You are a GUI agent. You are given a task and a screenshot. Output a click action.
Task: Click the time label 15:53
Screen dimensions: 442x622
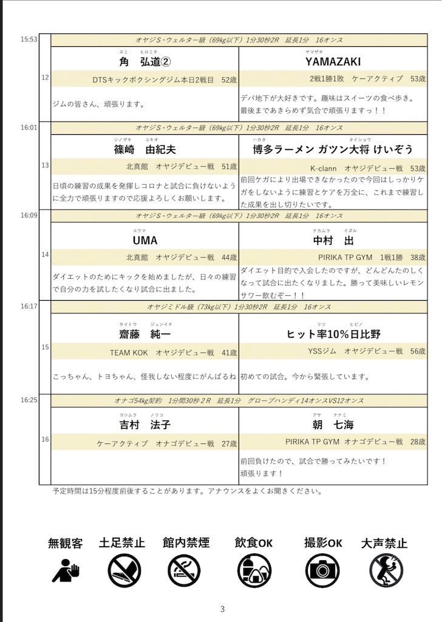[x=29, y=39]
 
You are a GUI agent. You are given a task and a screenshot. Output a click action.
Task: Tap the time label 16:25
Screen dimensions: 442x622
[x=29, y=400]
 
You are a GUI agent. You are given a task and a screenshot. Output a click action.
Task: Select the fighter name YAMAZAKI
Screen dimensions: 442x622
[x=333, y=62]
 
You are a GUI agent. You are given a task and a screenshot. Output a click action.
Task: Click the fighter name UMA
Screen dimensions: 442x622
[x=144, y=240]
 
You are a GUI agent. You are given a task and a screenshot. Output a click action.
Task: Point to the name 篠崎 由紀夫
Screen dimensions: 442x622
[x=144, y=149]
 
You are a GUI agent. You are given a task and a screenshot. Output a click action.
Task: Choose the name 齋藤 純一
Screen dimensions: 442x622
[x=144, y=335]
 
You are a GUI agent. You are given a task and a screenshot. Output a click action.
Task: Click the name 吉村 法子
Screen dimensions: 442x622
[x=144, y=425]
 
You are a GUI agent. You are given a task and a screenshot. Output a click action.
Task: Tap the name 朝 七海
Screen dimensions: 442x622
[x=333, y=425]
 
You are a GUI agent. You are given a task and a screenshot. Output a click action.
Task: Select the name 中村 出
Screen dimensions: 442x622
[x=333, y=240]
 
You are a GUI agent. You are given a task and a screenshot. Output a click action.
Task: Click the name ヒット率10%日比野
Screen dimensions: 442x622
[x=333, y=335]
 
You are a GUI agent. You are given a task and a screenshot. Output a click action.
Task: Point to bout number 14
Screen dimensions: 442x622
[x=45, y=255]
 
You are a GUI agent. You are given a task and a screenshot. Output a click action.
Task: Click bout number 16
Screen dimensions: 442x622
[x=45, y=439]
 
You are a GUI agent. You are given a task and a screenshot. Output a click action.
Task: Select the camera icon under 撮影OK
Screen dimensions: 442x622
[x=322, y=570]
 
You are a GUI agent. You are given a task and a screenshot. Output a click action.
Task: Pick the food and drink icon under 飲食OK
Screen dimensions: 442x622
[x=253, y=570]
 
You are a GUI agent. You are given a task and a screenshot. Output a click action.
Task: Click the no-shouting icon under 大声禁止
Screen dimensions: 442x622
[x=386, y=570]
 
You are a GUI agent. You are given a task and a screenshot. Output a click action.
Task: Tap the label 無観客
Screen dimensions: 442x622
[x=66, y=543]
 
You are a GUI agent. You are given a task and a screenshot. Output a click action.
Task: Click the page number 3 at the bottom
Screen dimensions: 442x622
[x=222, y=609]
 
